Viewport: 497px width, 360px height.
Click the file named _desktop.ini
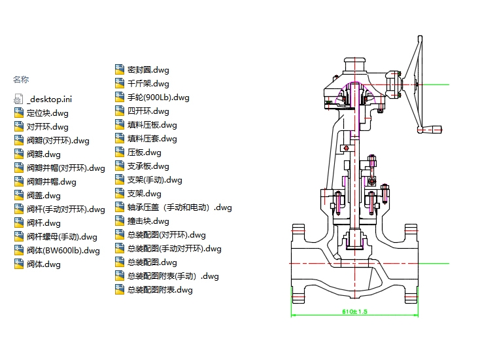(x=50, y=99)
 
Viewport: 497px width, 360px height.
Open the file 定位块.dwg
(x=48, y=113)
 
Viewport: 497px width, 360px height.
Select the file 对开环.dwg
(x=48, y=126)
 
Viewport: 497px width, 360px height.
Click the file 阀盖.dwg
(x=44, y=195)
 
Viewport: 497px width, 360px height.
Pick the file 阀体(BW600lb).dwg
(x=63, y=250)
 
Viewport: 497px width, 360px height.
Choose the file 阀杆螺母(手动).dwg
(x=62, y=236)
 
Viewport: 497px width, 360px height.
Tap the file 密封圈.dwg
(x=148, y=69)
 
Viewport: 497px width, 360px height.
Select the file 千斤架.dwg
(x=148, y=83)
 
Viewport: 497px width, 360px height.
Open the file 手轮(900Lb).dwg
(x=158, y=97)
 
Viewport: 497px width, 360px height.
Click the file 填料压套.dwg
(x=152, y=138)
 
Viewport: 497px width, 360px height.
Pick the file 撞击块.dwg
(x=148, y=221)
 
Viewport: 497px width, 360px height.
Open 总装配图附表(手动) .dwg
(x=173, y=276)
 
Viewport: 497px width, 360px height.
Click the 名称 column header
(x=21, y=80)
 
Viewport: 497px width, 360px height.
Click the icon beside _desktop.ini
(x=18, y=99)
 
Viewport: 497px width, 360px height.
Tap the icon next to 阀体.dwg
(x=18, y=264)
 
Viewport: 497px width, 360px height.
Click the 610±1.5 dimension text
(x=355, y=312)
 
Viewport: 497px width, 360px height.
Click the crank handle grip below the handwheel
(x=430, y=130)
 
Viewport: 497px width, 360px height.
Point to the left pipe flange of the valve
(x=297, y=262)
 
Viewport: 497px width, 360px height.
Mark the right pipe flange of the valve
(x=412, y=262)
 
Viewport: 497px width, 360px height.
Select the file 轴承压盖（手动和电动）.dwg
(x=180, y=207)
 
